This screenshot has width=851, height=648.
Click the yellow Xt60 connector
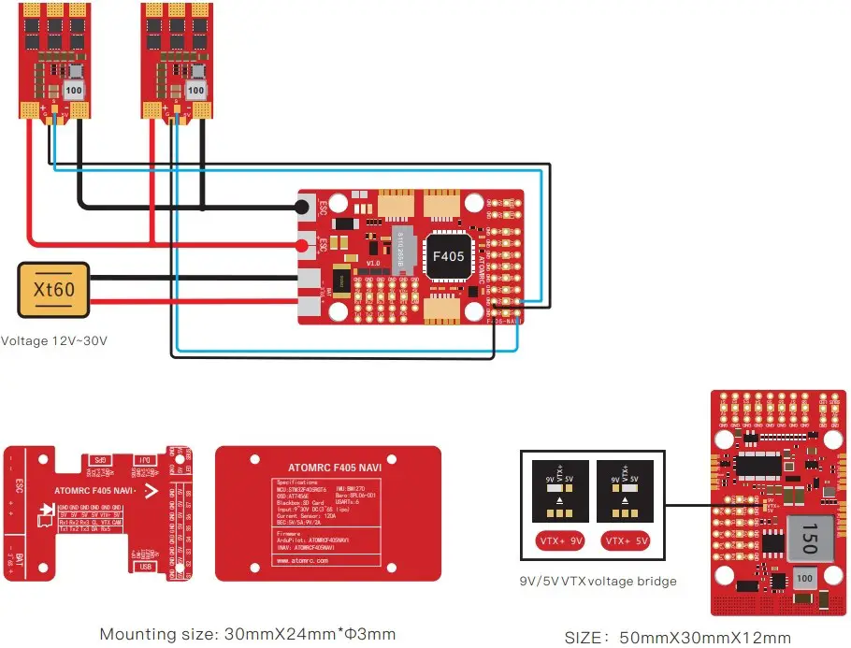click(x=55, y=289)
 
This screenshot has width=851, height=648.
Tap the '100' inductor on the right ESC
click(x=195, y=91)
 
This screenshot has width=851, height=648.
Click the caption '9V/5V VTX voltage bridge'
click(x=598, y=581)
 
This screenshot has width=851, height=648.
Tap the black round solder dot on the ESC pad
click(x=303, y=207)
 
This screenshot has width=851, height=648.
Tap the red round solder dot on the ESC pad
click(x=303, y=247)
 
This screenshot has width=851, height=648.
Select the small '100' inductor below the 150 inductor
click(x=803, y=579)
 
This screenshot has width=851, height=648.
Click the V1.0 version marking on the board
click(x=374, y=264)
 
